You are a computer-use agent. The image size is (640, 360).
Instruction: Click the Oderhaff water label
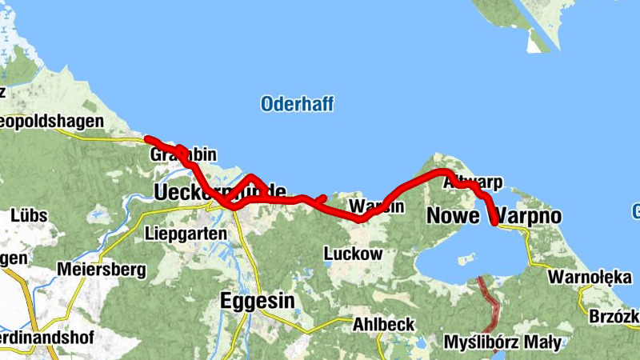[x=297, y=104]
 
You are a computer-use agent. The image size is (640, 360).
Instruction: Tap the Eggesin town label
[x=257, y=301]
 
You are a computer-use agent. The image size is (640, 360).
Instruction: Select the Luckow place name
[x=353, y=254]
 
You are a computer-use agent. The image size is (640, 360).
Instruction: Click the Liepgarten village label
[x=186, y=234]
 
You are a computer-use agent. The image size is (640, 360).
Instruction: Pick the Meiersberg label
[x=101, y=270]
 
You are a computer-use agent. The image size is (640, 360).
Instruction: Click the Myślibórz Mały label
[x=502, y=343]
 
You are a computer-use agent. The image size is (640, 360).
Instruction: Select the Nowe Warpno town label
[x=494, y=216]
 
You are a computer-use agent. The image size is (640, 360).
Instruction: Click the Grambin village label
[x=182, y=155]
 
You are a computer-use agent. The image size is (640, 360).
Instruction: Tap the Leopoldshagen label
[x=52, y=122]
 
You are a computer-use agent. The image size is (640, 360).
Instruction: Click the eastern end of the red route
[x=495, y=223]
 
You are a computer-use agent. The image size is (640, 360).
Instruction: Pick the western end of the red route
[x=147, y=138]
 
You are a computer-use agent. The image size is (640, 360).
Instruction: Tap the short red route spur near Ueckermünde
[x=320, y=198]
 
